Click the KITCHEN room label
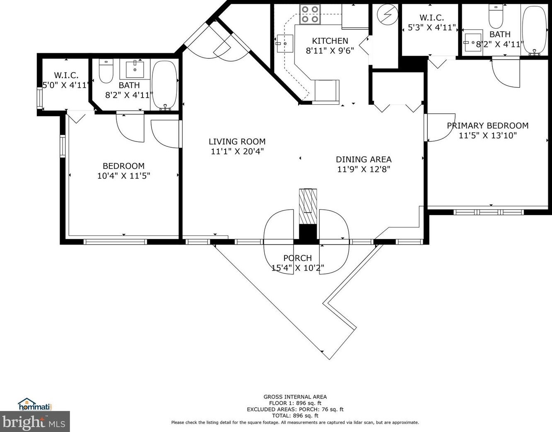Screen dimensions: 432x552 [330, 41]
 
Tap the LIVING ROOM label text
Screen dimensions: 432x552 [237, 142]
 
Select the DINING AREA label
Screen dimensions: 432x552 [363, 159]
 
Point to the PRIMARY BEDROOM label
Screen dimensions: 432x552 [487, 126]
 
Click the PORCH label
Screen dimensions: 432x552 [297, 258]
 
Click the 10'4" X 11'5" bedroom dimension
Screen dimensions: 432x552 [123, 176]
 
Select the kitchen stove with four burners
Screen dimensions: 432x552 [310, 14]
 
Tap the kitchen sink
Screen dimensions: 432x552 [284, 43]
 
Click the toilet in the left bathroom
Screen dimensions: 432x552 [106, 71]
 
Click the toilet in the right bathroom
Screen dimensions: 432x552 [496, 16]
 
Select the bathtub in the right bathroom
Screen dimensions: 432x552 [534, 30]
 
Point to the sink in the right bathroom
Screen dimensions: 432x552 [472, 41]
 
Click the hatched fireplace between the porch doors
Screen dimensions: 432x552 [308, 206]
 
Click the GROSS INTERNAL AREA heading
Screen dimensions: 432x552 [295, 397]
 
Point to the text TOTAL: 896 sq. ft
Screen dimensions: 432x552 [295, 415]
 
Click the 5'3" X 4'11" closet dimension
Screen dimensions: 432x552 [431, 28]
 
